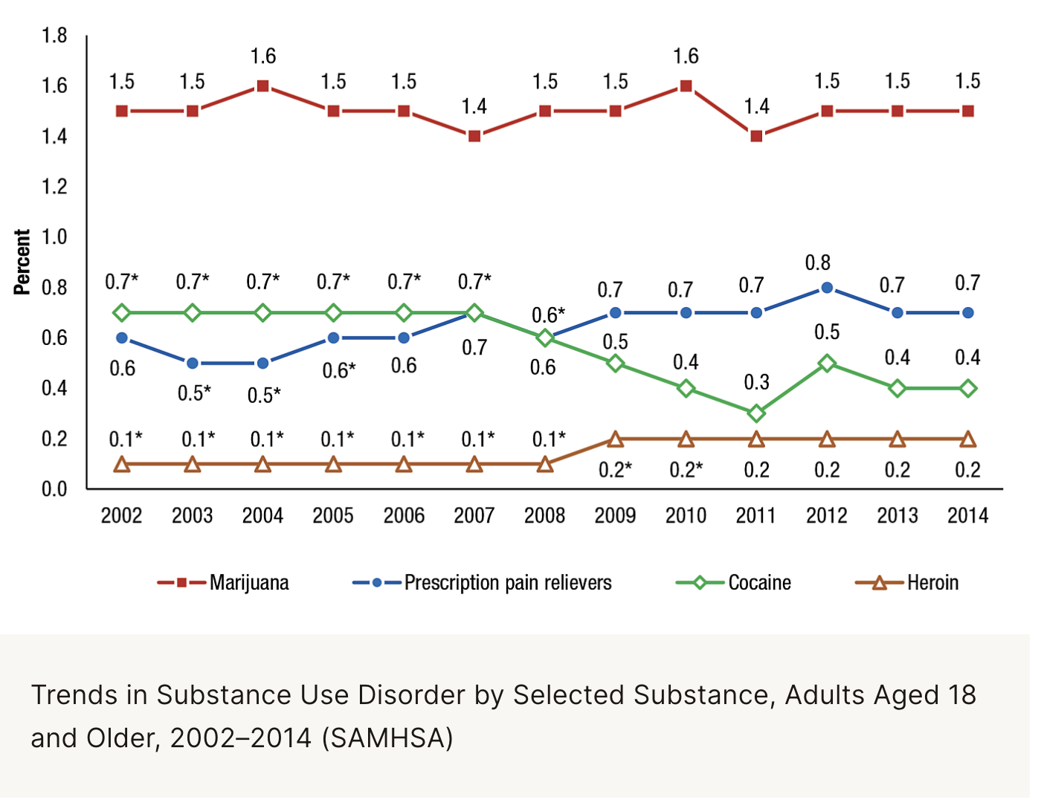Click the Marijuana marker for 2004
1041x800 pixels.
point(262,86)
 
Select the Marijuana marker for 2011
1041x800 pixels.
point(756,136)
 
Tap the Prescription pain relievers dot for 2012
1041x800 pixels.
point(827,288)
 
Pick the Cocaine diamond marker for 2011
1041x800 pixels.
point(756,413)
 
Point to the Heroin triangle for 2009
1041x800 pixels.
point(615,439)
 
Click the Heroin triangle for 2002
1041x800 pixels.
point(122,465)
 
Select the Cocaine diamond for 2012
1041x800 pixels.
point(827,364)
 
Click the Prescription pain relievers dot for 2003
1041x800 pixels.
point(193,364)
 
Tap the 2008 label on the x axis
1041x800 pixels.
point(544,515)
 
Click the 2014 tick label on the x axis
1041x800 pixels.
point(967,515)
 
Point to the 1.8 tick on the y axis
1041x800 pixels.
point(54,36)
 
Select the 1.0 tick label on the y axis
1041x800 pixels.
point(54,237)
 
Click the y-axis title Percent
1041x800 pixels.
point(22,262)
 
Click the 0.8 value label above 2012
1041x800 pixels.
point(817,263)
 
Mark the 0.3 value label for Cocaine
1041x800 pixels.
point(756,382)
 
